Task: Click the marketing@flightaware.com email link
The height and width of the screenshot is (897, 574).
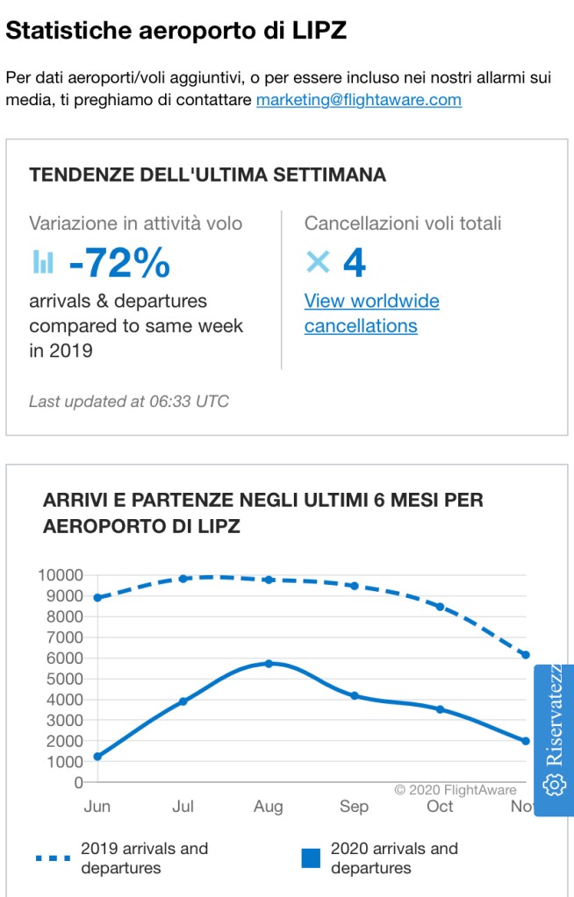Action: click(x=358, y=100)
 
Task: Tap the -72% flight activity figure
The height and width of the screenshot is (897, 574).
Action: click(x=119, y=262)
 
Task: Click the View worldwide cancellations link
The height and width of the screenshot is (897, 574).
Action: click(x=371, y=313)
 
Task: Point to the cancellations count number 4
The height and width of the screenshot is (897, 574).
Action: click(x=354, y=262)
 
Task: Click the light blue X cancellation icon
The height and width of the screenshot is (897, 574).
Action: click(x=318, y=261)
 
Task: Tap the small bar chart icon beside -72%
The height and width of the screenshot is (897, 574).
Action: click(x=43, y=261)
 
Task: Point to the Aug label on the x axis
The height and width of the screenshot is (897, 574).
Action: click(x=269, y=807)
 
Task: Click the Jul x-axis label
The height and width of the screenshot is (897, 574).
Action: click(x=183, y=807)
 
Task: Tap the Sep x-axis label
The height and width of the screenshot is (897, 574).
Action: click(x=354, y=807)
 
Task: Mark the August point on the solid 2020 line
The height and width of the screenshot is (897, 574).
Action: click(x=269, y=664)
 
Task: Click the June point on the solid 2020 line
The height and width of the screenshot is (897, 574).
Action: click(x=97, y=756)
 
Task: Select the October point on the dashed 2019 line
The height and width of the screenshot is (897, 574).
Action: click(x=440, y=607)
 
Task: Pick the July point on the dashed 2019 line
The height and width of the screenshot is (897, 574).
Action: click(x=183, y=579)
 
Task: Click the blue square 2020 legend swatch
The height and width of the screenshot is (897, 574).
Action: click(x=311, y=858)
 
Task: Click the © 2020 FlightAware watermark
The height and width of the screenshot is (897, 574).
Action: click(x=455, y=790)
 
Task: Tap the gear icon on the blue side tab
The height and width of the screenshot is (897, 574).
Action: click(x=554, y=785)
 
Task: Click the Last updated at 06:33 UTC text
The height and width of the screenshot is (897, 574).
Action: click(x=129, y=402)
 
